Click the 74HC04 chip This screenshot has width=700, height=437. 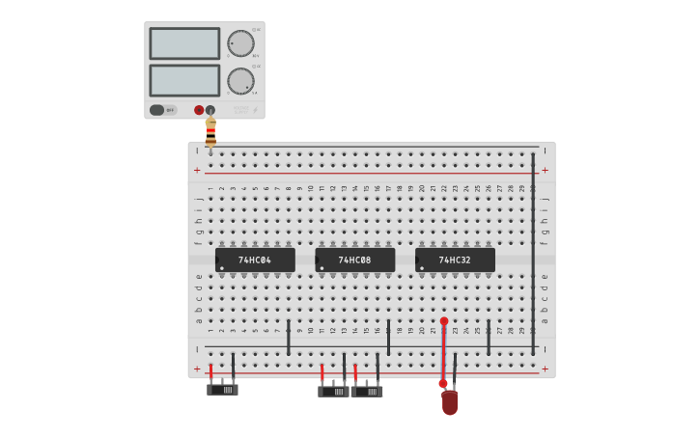tap(255, 259)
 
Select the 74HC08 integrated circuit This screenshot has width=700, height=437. tap(354, 259)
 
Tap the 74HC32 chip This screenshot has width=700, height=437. tap(455, 259)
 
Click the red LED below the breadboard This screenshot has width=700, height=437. tap(449, 402)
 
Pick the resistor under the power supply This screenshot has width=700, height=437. tap(210, 132)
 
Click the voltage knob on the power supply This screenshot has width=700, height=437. tap(240, 43)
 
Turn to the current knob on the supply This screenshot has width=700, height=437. tap(240, 81)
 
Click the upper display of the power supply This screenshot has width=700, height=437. tap(184, 43)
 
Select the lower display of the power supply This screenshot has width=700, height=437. tap(184, 80)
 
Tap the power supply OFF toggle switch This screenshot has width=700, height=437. tap(162, 110)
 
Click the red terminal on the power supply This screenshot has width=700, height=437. tap(199, 110)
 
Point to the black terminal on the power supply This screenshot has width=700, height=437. tap(210, 110)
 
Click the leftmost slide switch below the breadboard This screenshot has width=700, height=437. tap(222, 390)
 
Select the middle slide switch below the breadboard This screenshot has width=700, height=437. tap(334, 391)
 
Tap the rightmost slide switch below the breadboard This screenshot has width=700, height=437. tap(367, 391)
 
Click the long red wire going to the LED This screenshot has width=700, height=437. tap(443, 352)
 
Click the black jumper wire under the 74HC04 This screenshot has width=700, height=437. tap(288, 338)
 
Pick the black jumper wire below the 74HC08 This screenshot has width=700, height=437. tap(388, 338)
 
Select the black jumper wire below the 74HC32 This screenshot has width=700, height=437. tap(489, 338)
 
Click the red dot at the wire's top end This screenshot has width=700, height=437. tap(444, 321)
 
